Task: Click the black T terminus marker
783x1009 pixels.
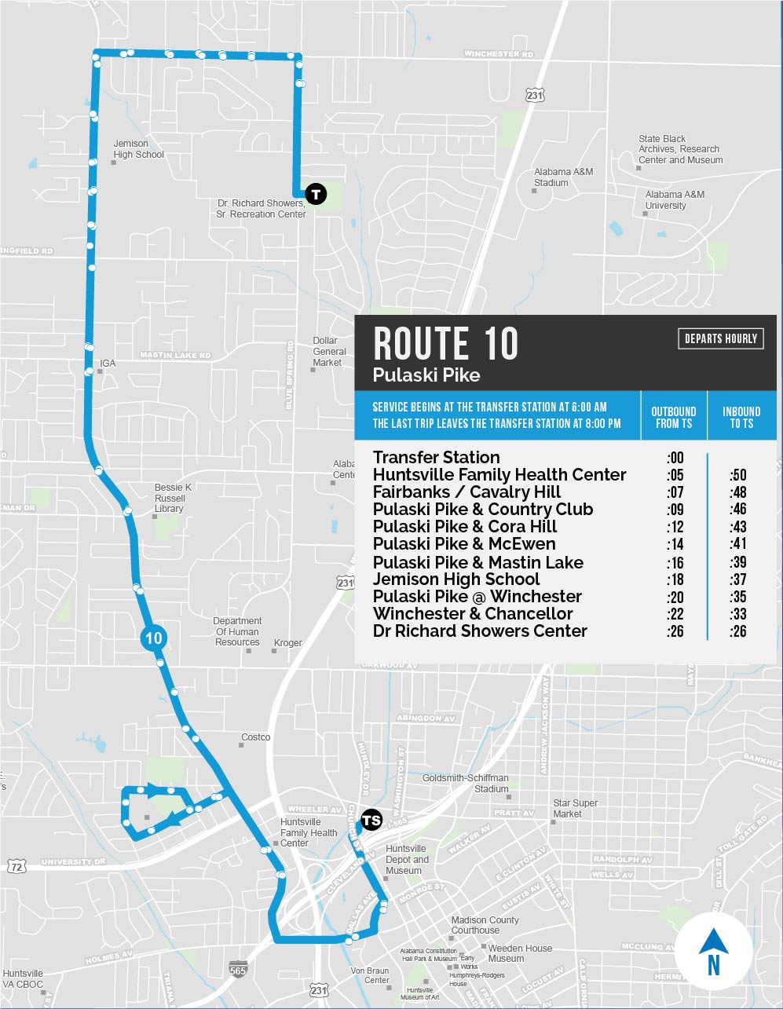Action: pos(315,193)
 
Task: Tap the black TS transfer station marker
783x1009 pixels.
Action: pos(371,821)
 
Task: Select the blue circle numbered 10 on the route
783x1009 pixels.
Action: pos(153,638)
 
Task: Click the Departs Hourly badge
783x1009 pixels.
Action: pos(720,338)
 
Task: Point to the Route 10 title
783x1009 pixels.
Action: pos(446,344)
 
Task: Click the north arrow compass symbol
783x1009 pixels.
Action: pos(713,952)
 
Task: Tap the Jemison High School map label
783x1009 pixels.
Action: pos(138,149)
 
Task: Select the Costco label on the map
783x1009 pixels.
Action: pos(256,737)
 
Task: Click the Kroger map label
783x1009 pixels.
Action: pos(287,643)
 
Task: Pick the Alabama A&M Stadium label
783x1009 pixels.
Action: pos(563,177)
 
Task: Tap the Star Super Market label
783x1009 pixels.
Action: pos(575,809)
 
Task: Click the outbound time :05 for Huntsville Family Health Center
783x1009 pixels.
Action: pos(675,474)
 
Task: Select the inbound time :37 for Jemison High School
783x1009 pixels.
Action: pos(737,579)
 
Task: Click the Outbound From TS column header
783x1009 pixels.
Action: pos(673,417)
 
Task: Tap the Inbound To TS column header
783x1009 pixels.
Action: pos(741,417)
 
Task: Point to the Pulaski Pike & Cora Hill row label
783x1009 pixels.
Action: pos(465,526)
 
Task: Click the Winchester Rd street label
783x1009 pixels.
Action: pos(499,54)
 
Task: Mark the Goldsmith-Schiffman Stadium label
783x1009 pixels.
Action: pos(465,783)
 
